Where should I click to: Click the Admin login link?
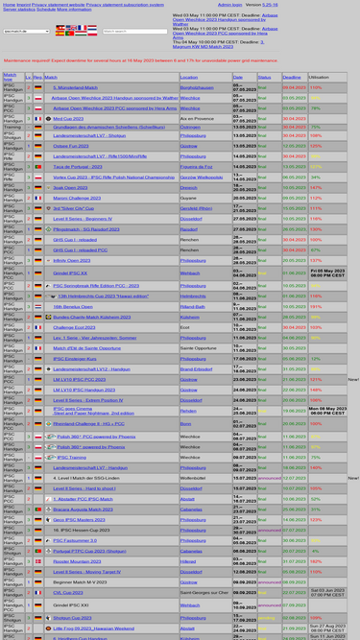click(229, 4)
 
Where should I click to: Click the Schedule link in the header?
click(45, 9)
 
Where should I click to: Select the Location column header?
click(188, 77)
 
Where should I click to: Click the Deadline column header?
click(292, 77)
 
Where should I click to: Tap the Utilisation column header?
click(318, 77)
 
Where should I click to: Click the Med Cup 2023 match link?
click(68, 119)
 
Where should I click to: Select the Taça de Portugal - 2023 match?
click(77, 166)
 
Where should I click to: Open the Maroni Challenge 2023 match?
click(77, 198)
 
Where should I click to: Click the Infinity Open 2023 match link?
click(72, 260)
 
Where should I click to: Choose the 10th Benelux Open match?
click(73, 306)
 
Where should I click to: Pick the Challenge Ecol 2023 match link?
click(74, 327)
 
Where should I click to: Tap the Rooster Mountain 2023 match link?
click(77, 561)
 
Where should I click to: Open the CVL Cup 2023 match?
click(67, 593)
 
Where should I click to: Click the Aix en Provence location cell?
click(196, 119)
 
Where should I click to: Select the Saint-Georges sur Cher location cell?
click(204, 593)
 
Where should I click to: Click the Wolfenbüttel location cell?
click(193, 478)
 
